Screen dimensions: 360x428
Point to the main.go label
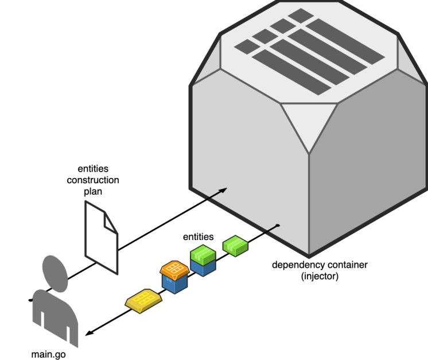point(48,354)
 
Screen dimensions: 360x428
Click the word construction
point(93,180)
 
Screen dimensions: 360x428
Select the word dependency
point(295,265)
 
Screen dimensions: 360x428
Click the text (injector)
point(320,276)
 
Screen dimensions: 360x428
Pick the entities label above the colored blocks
point(199,237)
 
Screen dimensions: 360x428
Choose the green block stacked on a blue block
point(202,253)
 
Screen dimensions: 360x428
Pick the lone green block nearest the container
point(235,245)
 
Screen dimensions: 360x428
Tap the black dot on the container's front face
point(278,225)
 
